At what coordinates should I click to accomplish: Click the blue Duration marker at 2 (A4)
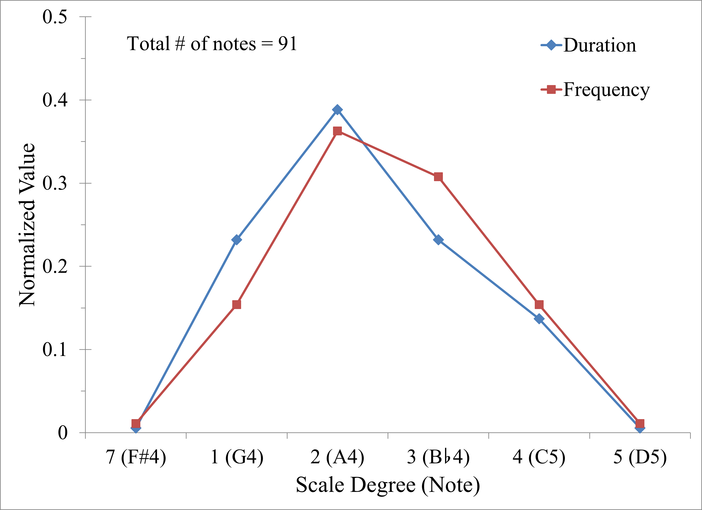(x=337, y=109)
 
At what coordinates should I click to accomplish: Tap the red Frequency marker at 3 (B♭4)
(x=438, y=177)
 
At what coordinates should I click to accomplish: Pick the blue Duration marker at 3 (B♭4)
(x=438, y=240)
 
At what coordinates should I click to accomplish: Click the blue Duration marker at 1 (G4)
(x=237, y=240)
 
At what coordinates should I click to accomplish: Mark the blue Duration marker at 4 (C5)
(x=539, y=319)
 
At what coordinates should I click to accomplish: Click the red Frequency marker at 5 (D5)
(x=640, y=423)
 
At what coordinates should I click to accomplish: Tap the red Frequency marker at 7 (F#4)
(x=136, y=423)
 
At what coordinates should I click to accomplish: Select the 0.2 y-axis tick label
(x=55, y=267)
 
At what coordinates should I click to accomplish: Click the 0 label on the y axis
(x=63, y=433)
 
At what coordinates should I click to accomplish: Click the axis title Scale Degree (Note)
(x=388, y=485)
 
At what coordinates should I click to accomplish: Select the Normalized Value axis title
(x=27, y=225)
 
